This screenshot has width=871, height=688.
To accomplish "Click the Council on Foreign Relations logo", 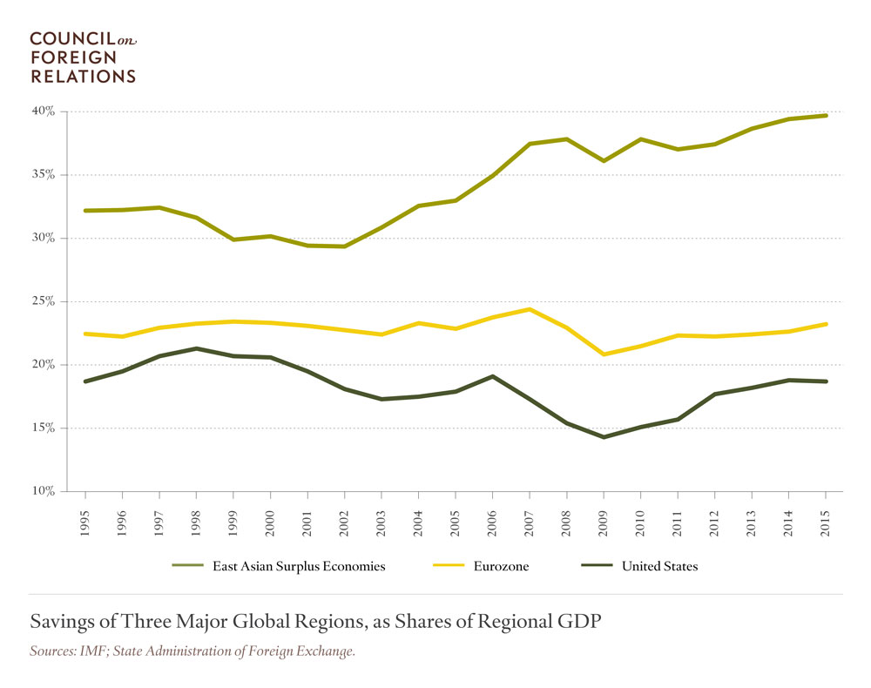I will [x=84, y=57].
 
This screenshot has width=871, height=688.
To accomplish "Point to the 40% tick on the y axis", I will [x=44, y=111].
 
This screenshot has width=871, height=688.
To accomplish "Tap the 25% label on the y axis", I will [x=44, y=301].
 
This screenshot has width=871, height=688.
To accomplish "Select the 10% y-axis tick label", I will [x=44, y=491].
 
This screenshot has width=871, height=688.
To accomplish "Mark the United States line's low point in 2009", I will [x=604, y=437].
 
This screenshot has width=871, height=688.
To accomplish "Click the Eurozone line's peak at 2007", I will [x=530, y=309].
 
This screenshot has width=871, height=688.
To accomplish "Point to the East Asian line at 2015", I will [x=826, y=116].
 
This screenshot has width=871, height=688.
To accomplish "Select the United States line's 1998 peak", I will [x=196, y=348].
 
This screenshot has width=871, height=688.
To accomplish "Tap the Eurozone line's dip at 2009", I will [x=604, y=354].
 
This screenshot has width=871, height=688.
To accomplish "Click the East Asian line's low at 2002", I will [x=344, y=246].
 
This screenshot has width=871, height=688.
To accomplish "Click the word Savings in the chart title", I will [x=60, y=622].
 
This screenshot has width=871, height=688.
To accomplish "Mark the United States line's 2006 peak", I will [x=492, y=376].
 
